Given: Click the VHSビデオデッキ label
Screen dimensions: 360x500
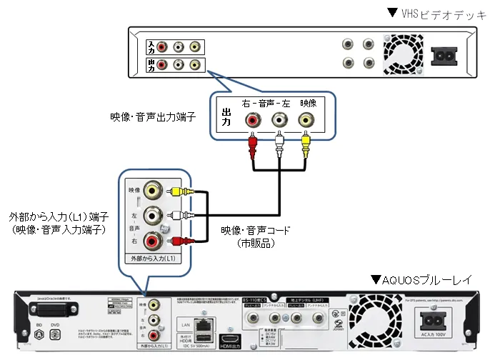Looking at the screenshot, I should [439, 12].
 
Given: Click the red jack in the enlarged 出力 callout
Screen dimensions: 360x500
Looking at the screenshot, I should [252, 120].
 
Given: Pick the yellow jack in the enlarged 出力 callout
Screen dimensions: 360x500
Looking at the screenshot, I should [307, 120].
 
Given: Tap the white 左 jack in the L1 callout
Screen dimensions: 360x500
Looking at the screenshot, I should [151, 215].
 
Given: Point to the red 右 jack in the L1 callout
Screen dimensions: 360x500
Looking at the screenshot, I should [151, 239].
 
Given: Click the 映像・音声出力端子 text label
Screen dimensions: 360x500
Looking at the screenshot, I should [152, 115].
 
